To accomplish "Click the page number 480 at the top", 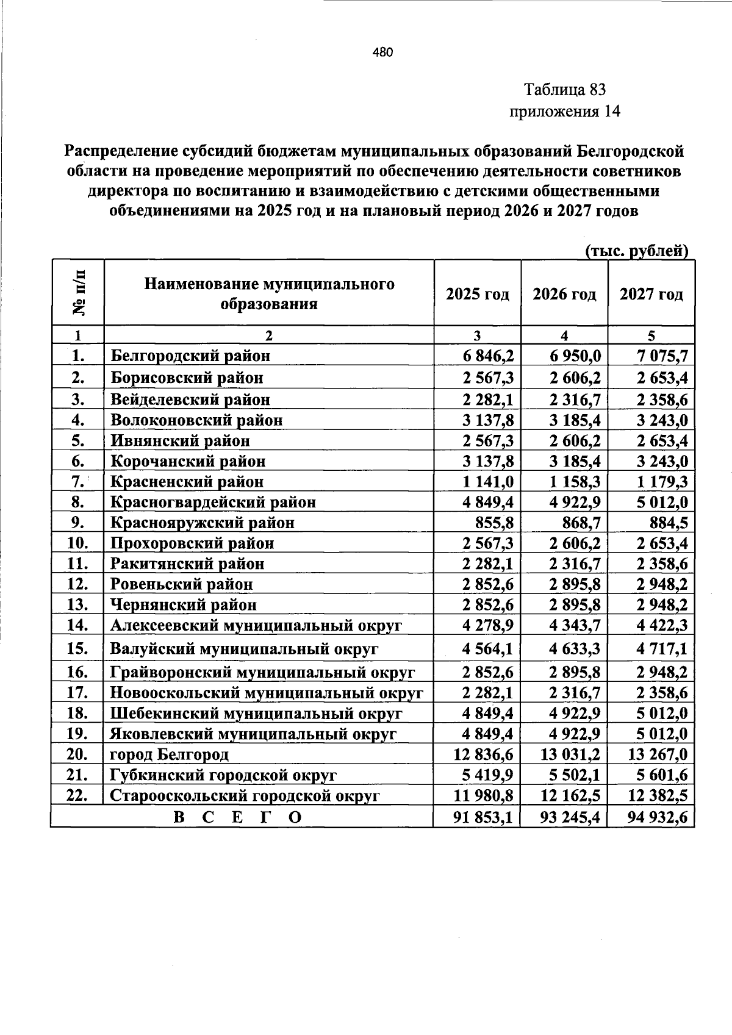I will click(x=383, y=52).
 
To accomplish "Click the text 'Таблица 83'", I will click(x=564, y=90).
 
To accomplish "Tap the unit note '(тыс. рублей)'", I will click(x=636, y=250).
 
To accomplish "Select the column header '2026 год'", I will click(x=564, y=294).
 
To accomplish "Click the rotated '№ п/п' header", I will click(x=78, y=292).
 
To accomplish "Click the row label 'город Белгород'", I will click(x=169, y=754).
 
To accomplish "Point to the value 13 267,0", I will click(x=658, y=754).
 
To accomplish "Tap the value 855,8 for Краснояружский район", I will click(x=495, y=523).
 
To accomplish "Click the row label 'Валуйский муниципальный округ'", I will click(x=244, y=648).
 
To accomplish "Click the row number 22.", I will click(x=78, y=795).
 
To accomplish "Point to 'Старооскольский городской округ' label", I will click(x=245, y=795).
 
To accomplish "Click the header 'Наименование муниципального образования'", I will click(x=269, y=293).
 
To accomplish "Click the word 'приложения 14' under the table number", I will click(x=564, y=112).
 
